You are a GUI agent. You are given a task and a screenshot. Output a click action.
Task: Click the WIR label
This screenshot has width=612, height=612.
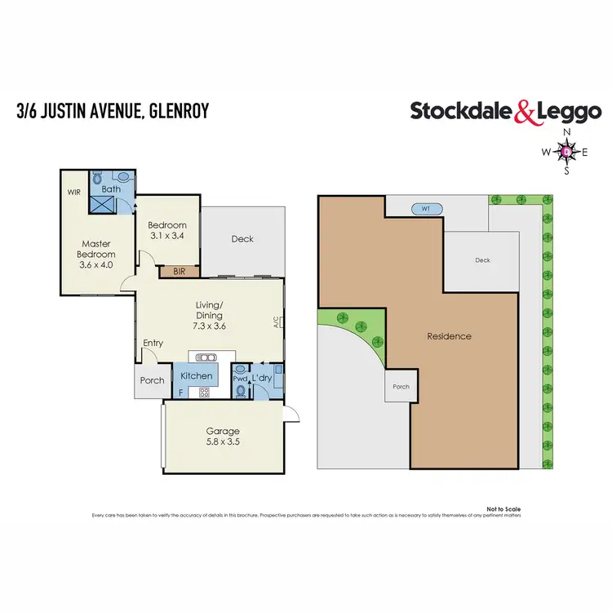(74, 193)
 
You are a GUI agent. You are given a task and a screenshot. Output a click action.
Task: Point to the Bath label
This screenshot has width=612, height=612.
(111, 189)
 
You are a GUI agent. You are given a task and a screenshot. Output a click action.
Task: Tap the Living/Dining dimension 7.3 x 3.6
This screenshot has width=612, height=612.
(209, 326)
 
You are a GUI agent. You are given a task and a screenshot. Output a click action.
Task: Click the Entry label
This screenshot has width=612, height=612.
(153, 343)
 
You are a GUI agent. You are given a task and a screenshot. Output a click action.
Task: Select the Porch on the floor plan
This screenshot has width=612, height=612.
(152, 380)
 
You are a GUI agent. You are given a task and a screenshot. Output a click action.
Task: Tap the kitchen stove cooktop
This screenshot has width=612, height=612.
(204, 392)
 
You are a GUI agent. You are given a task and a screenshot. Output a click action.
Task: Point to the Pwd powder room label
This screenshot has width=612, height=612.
(240, 379)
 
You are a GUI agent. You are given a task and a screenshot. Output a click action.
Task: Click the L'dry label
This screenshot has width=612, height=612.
(261, 379)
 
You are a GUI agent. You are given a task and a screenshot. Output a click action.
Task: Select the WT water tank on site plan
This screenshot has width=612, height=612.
(427, 209)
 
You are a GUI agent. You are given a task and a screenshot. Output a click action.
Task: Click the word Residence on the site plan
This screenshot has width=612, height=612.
(449, 336)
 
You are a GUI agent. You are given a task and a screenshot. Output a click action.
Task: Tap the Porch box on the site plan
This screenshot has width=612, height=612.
(401, 386)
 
